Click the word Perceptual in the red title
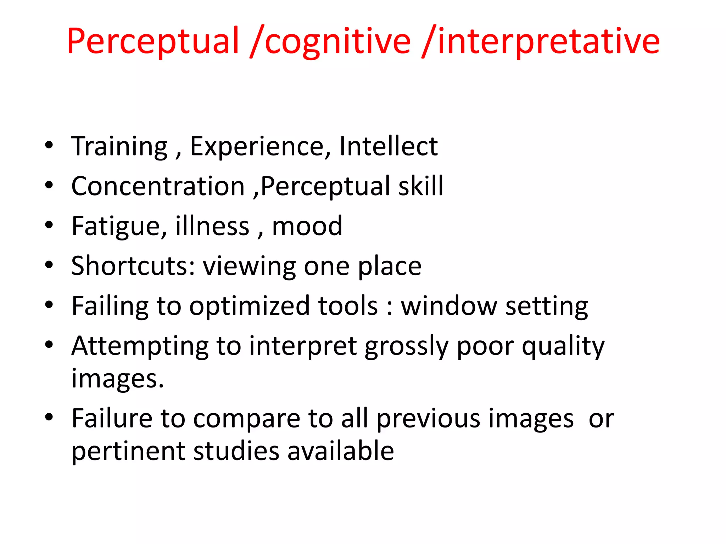point(153,42)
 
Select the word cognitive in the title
point(337,42)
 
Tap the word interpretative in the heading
point(549,42)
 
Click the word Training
point(119,146)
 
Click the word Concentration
point(158,186)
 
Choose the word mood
point(307,226)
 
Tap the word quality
point(563,346)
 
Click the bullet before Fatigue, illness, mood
point(49,225)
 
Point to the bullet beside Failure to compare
point(49,417)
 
